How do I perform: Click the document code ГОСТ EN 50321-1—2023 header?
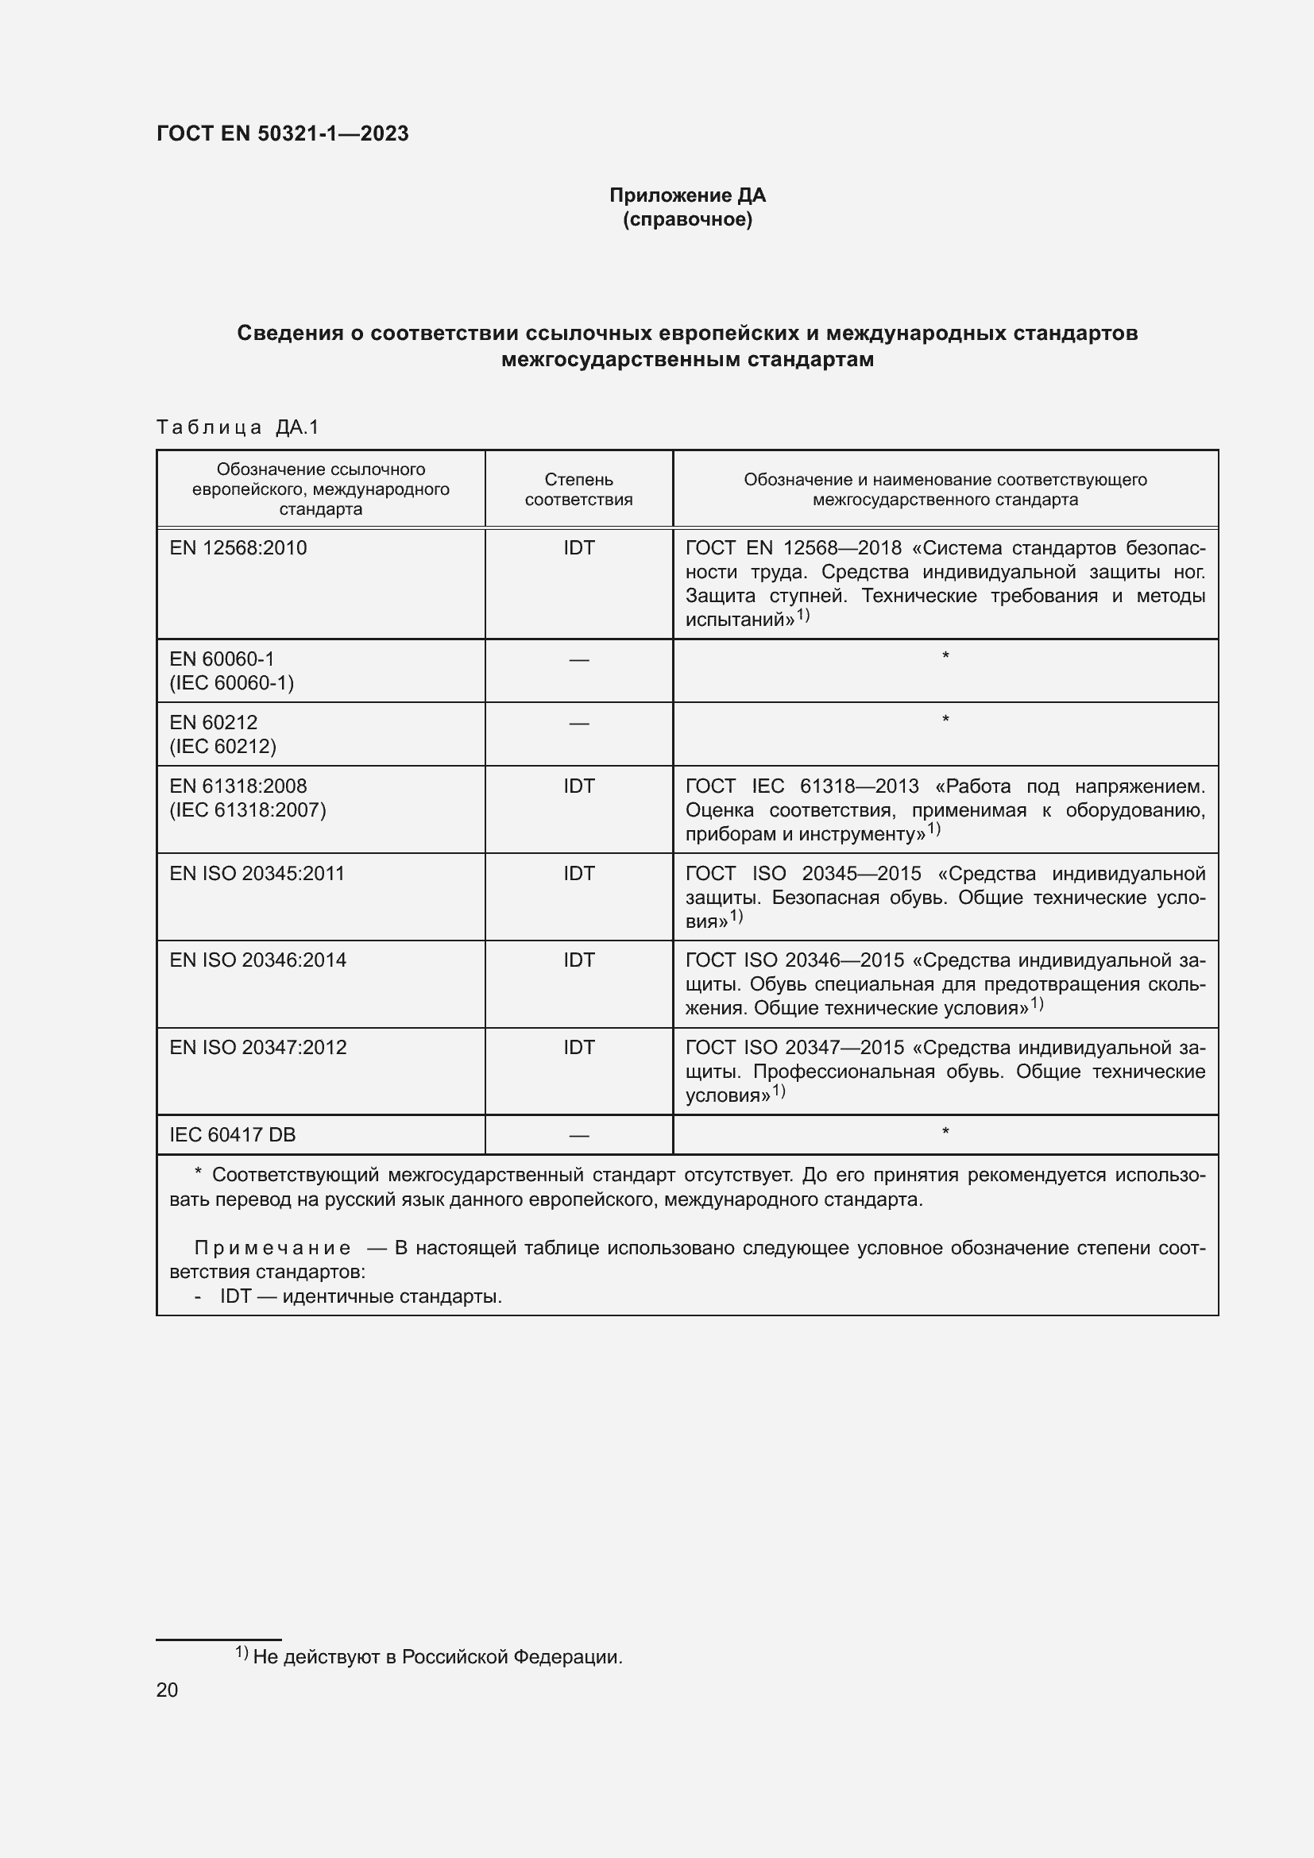pyautogui.click(x=282, y=133)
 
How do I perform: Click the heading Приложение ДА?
pyautogui.click(x=687, y=195)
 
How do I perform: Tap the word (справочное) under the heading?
pyautogui.click(x=687, y=219)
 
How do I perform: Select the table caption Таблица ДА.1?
pyautogui.click(x=238, y=427)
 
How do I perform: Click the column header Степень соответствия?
pyautogui.click(x=578, y=489)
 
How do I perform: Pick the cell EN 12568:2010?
pyautogui.click(x=238, y=548)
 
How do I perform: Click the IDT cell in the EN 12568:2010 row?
pyautogui.click(x=578, y=548)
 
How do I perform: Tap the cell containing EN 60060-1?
pyautogui.click(x=222, y=659)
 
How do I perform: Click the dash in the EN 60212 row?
pyautogui.click(x=578, y=723)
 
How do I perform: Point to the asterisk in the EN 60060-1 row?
pyautogui.click(x=945, y=655)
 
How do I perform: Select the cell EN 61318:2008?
pyautogui.click(x=238, y=786)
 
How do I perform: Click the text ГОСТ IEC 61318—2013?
pyautogui.click(x=802, y=786)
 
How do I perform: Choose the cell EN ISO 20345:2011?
pyautogui.click(x=257, y=873)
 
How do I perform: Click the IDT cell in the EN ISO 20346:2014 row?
pyautogui.click(x=578, y=960)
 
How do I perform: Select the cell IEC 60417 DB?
pyautogui.click(x=232, y=1134)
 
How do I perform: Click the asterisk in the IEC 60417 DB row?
pyautogui.click(x=945, y=1131)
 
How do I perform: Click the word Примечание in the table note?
pyautogui.click(x=272, y=1248)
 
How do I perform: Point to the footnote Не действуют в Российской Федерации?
pyautogui.click(x=437, y=1656)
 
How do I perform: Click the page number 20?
pyautogui.click(x=167, y=1690)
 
